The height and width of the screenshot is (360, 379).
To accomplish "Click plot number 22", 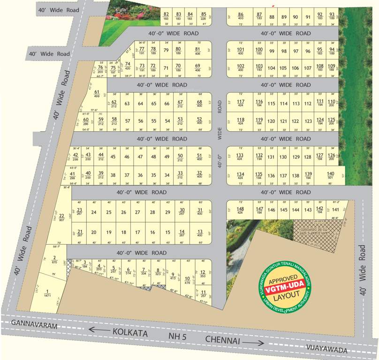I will (x=61, y=217).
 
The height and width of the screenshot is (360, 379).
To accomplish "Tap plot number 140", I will (x=331, y=175).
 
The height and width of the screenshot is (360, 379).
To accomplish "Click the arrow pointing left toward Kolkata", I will (x=99, y=330).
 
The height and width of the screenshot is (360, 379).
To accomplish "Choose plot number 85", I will (x=203, y=15).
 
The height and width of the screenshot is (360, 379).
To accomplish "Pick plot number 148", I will (x=240, y=210).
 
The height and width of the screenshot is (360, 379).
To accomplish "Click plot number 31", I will (x=199, y=211).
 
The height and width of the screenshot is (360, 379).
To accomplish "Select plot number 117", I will (x=241, y=103).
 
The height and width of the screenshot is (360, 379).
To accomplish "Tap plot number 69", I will (x=197, y=67).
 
